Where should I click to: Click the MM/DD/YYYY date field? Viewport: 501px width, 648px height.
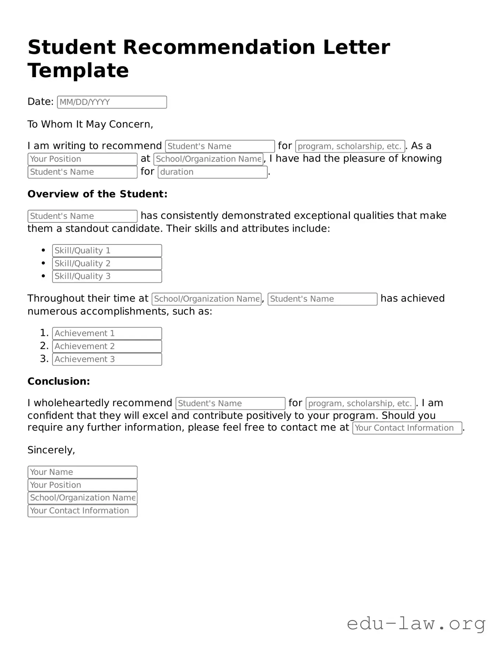[112, 102]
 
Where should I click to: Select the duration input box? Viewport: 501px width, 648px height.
[212, 172]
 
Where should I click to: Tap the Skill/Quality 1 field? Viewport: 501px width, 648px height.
[107, 251]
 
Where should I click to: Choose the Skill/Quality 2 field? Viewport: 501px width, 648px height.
[107, 264]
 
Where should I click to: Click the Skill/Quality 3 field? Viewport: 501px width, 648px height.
[107, 276]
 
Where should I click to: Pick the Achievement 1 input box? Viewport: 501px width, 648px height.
[107, 333]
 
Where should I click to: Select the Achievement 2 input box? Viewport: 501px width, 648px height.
[107, 346]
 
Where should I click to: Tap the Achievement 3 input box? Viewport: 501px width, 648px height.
[107, 359]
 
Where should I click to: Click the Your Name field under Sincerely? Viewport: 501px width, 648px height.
[82, 472]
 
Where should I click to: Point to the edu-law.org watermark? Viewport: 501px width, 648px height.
[416, 624]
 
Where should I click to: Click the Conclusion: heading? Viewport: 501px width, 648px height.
[59, 382]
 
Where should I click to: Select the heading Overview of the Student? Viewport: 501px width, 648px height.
[97, 194]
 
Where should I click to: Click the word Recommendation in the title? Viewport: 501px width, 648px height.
[219, 47]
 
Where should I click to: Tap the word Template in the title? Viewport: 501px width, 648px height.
[78, 71]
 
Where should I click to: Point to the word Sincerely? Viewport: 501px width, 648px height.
[51, 450]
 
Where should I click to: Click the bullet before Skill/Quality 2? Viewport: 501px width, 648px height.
[44, 264]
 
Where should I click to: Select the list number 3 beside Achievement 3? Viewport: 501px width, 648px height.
[43, 359]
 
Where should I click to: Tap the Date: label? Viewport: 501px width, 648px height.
[40, 102]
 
